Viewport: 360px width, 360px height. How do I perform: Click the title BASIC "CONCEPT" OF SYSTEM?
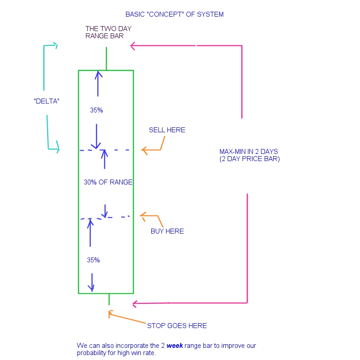(175, 14)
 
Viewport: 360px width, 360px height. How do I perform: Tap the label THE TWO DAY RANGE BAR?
(108, 32)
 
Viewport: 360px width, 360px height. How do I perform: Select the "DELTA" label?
(47, 101)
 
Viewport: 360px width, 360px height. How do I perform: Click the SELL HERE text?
(167, 130)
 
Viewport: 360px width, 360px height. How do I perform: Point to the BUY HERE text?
(167, 231)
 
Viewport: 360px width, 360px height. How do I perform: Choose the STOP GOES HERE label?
(177, 326)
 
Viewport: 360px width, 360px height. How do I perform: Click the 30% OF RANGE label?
(108, 182)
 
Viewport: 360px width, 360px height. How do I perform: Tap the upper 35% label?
(96, 110)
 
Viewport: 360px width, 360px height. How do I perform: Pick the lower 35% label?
(93, 260)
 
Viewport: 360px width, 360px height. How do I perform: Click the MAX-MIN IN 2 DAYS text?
(249, 151)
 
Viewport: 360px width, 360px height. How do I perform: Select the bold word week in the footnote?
(175, 346)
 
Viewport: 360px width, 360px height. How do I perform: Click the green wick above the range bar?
(106, 58)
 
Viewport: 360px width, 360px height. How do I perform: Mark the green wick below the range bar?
(109, 299)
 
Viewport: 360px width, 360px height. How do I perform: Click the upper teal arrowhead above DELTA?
(54, 45)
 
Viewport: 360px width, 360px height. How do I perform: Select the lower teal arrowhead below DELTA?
(56, 149)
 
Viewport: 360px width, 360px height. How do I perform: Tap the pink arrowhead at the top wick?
(133, 45)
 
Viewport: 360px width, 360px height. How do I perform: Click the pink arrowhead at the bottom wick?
(135, 304)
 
